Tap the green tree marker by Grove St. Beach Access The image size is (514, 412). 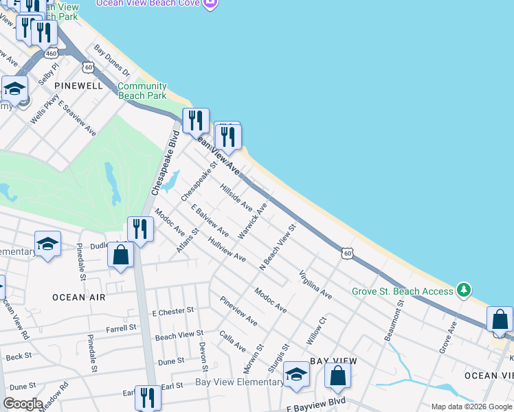(465, 290)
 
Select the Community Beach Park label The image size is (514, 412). (142, 91)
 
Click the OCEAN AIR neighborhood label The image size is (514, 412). (78, 297)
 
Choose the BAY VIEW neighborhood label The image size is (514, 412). (333, 360)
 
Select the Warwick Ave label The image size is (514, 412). (252, 220)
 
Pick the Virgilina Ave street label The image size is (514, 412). (315, 285)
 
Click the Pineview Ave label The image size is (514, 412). (238, 311)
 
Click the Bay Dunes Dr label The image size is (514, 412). (112, 60)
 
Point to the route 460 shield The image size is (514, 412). (49, 53)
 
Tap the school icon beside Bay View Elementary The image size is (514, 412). (296, 374)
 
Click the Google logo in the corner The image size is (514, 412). (23, 404)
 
